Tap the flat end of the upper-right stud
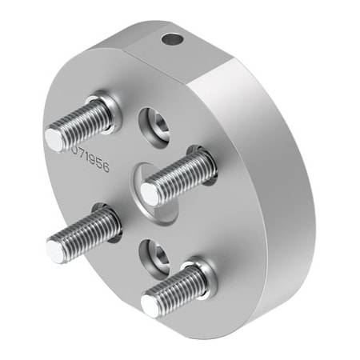[150, 192]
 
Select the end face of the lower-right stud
[151, 303]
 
